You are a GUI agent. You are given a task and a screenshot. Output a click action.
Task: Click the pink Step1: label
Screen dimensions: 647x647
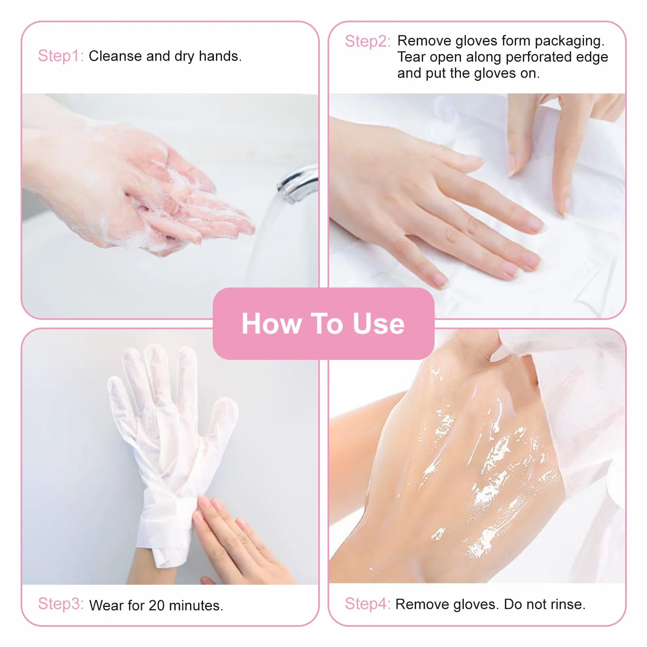61,56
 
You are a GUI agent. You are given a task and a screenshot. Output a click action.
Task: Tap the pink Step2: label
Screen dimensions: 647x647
367,41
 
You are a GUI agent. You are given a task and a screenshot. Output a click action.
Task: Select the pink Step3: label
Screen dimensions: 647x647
61,604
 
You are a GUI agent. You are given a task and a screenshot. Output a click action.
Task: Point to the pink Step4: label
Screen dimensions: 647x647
367,604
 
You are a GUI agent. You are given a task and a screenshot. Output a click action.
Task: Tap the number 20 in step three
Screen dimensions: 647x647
156,605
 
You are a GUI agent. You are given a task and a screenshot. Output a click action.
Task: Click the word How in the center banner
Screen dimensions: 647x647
271,324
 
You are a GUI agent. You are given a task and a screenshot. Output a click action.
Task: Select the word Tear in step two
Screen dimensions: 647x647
411,57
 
